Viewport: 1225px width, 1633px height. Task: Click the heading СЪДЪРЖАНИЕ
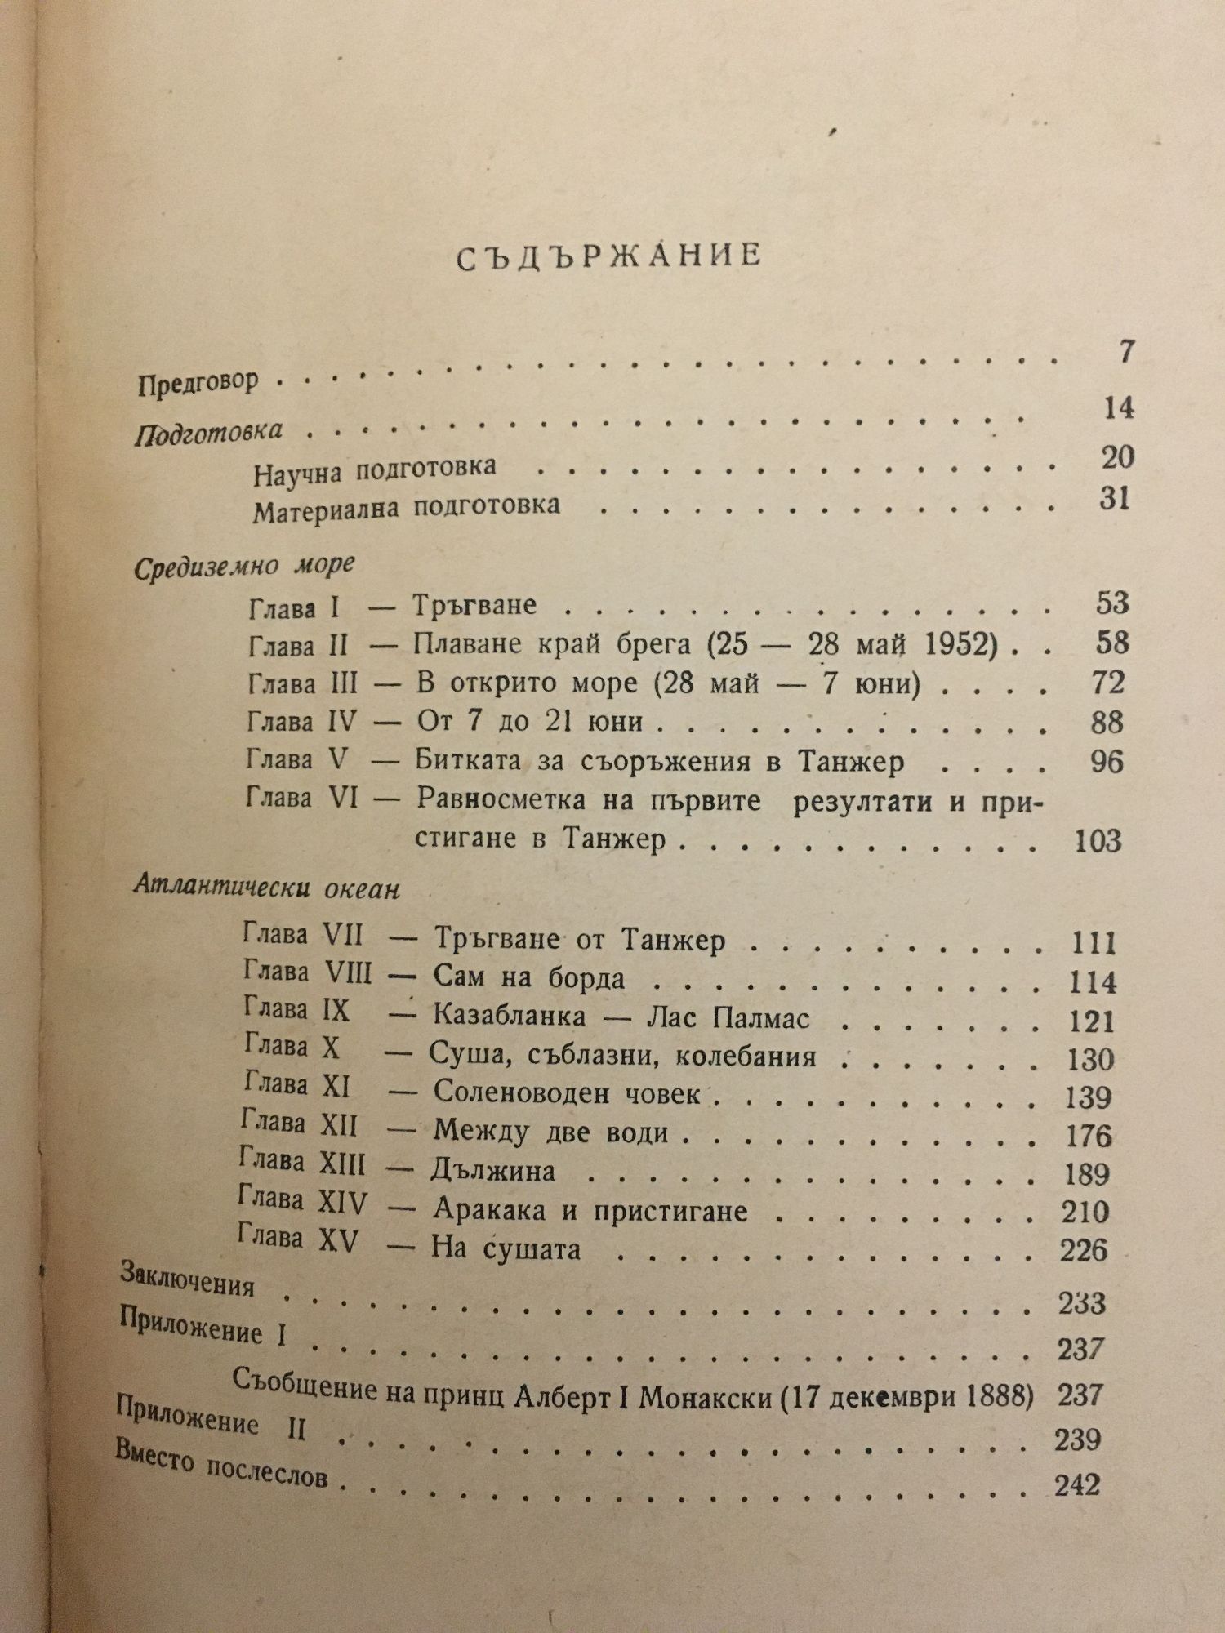coord(608,256)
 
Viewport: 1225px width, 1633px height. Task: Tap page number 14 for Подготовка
coord(1118,408)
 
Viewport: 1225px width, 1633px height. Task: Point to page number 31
coord(1114,499)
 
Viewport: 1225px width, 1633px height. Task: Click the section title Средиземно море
coord(244,566)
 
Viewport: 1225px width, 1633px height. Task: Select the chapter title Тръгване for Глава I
coord(474,605)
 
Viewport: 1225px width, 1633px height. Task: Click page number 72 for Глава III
coord(1107,683)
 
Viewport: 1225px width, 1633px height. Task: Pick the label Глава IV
coord(298,722)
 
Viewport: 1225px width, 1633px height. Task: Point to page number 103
coord(1098,840)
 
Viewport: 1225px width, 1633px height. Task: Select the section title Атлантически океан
coord(266,888)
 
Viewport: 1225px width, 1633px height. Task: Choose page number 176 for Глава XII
coord(1089,1136)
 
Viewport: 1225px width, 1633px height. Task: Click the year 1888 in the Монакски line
coord(998,1395)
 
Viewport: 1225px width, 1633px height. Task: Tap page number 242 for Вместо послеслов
coord(1077,1484)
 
